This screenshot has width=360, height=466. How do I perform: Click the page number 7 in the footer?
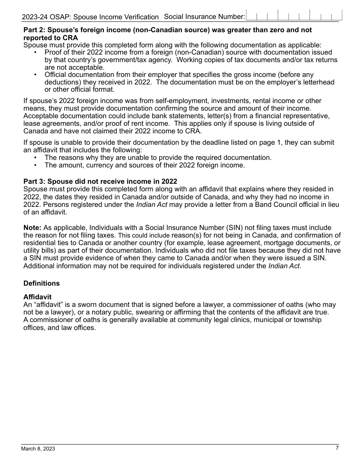[337, 448]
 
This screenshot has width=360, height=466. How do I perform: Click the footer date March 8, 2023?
[38, 449]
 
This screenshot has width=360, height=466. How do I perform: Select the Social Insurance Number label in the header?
[205, 17]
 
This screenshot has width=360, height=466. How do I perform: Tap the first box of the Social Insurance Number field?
[251, 16]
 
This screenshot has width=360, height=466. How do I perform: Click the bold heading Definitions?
[42, 283]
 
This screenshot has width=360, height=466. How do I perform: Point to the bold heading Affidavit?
[38, 297]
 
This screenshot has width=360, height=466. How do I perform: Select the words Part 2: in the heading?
[34, 30]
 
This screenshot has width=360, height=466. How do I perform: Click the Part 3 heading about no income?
[100, 181]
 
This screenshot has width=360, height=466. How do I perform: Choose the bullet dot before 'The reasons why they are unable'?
[36, 158]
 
